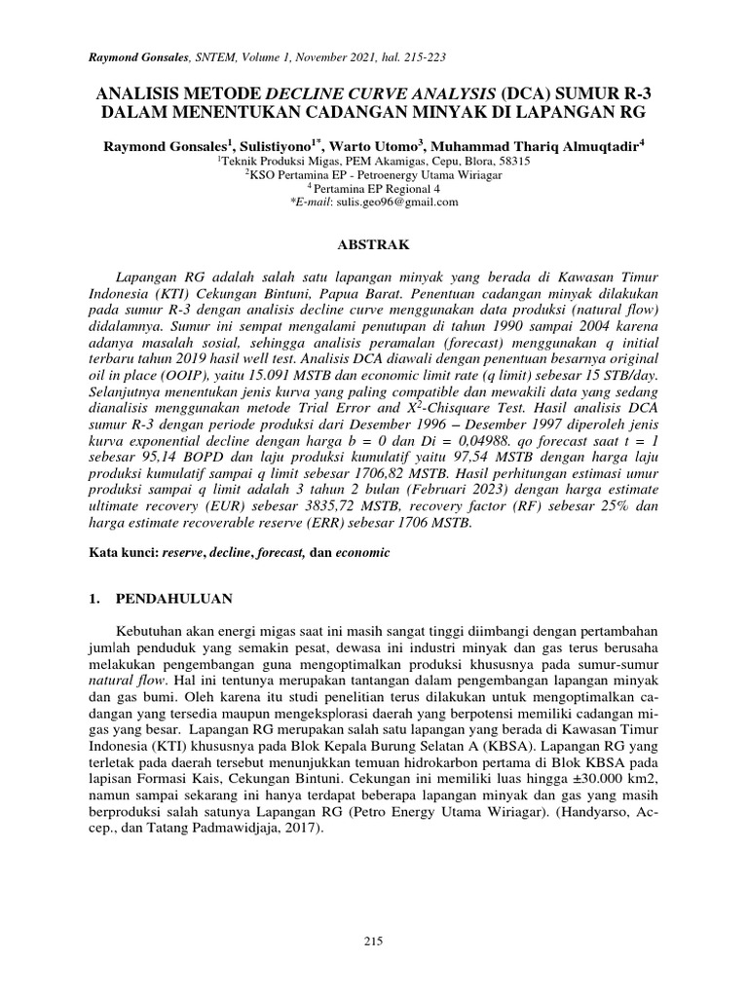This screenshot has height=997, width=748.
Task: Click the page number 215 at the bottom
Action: pos(374,941)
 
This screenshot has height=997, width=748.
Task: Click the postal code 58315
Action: pos(510,161)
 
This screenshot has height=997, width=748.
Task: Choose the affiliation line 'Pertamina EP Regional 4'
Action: pos(378,188)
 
